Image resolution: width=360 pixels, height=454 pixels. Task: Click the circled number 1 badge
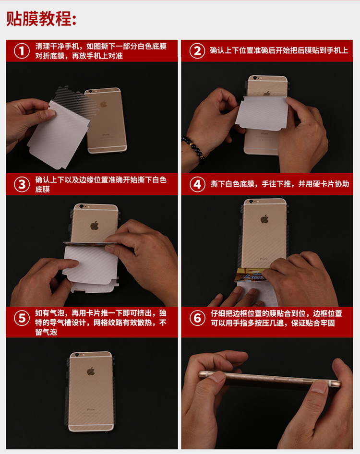coord(22,51)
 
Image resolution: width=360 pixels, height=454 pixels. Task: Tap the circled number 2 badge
coord(197,51)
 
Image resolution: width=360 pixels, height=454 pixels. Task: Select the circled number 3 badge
coord(22,184)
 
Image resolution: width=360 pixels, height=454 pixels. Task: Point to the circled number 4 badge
coord(197,184)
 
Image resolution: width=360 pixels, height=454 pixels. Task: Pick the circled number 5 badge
coord(22,318)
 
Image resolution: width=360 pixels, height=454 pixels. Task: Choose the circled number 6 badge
coord(197,318)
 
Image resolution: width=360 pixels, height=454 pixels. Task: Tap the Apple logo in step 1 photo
coord(103,104)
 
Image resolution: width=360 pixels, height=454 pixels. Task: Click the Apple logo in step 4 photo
coord(264,219)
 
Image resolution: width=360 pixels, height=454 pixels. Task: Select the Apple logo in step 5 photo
coord(91,371)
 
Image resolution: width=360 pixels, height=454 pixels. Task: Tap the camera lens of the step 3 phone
coord(82,206)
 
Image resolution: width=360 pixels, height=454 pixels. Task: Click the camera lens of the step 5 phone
coord(77,355)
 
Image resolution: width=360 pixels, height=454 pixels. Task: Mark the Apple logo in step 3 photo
coord(95,225)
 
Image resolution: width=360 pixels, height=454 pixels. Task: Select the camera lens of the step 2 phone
coord(254,78)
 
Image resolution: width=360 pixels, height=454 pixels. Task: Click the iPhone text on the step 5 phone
coord(91,409)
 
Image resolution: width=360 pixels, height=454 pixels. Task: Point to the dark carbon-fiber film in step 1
coord(76,102)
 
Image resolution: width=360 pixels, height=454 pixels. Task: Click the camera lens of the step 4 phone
coord(251,201)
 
